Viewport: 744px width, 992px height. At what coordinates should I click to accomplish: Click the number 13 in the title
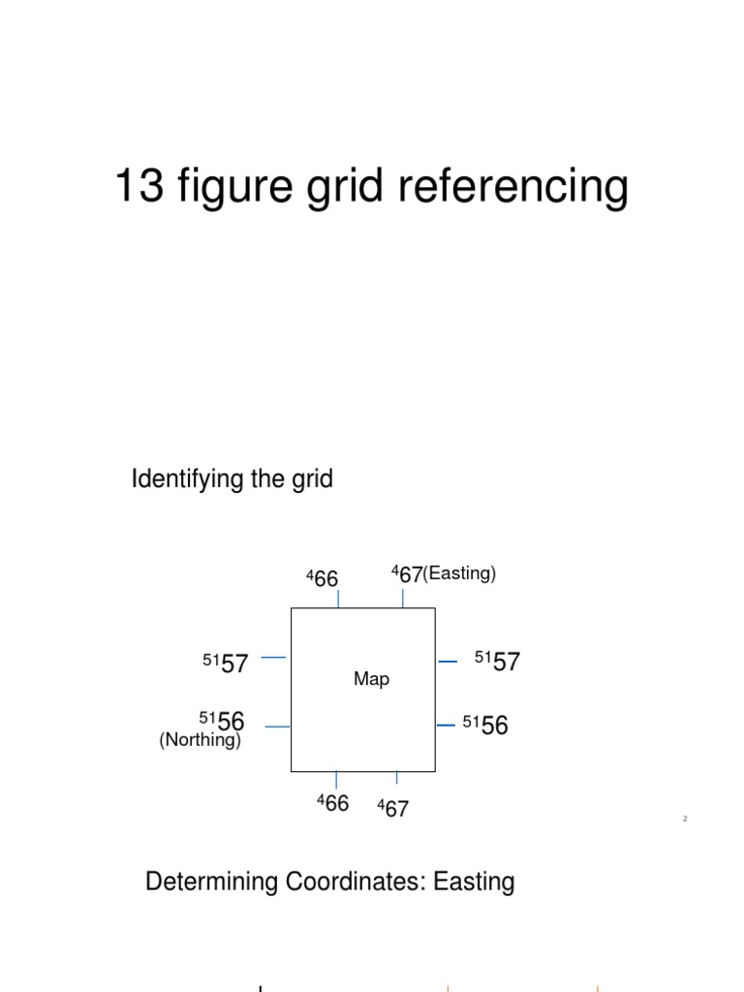(x=139, y=186)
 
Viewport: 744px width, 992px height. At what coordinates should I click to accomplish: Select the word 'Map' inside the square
(x=371, y=679)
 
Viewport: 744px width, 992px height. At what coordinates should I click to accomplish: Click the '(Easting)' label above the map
(x=459, y=573)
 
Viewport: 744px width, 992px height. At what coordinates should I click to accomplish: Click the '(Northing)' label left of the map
(x=200, y=740)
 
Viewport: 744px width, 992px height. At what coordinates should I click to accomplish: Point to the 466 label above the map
(x=323, y=578)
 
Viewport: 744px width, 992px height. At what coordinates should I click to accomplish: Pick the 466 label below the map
(x=332, y=803)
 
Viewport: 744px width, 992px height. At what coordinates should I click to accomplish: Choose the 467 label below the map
(x=393, y=808)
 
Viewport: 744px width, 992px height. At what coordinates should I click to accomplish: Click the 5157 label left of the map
(x=226, y=664)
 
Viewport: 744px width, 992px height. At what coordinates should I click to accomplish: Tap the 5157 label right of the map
(x=497, y=663)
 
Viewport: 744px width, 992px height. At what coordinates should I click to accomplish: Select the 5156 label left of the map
(x=222, y=721)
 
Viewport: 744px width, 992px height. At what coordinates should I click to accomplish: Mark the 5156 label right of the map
(x=485, y=726)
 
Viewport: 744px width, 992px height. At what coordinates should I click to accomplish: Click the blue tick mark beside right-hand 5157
(x=448, y=662)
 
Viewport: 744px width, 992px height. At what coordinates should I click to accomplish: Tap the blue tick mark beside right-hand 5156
(x=446, y=725)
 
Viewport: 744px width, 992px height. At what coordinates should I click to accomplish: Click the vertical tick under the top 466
(x=338, y=599)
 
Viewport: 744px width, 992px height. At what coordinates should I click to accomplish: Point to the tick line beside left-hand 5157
(x=274, y=658)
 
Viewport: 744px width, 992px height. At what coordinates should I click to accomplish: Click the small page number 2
(x=684, y=819)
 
